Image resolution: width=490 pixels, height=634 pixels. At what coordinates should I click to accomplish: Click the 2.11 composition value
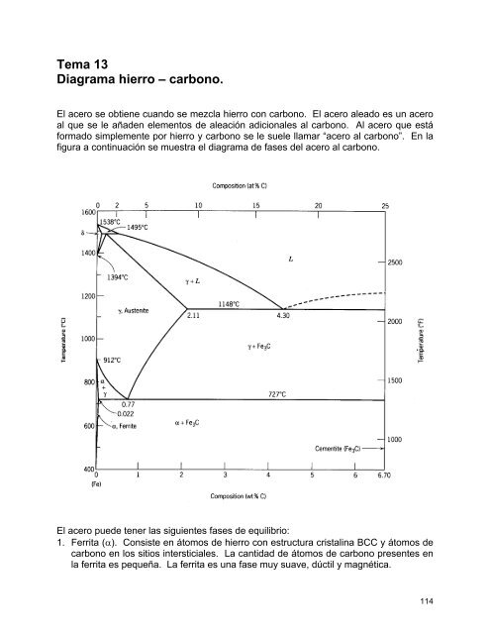(193, 316)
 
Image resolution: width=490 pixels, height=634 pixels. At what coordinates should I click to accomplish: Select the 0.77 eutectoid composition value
(128, 404)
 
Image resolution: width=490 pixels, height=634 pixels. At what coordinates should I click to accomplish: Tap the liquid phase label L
(289, 260)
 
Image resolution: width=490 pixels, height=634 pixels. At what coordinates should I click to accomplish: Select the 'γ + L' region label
(194, 281)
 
